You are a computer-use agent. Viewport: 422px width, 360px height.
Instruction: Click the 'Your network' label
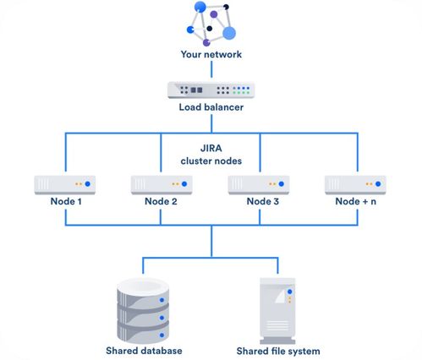211,54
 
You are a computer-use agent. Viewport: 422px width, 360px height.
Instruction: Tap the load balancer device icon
211,90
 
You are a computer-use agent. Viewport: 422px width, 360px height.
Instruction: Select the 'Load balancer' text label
211,107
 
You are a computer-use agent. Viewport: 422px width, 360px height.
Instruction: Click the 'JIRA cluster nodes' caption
211,155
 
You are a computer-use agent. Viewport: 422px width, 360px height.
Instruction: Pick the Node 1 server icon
65,185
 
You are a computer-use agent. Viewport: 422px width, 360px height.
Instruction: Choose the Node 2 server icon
162,185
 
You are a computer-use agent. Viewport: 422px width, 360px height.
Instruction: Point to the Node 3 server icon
259,185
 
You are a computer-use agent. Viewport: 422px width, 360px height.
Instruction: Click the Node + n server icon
355,185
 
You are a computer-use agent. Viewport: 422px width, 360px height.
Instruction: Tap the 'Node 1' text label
66,201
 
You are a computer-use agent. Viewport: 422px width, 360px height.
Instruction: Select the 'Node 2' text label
161,201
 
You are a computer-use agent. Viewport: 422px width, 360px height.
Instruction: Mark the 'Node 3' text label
263,201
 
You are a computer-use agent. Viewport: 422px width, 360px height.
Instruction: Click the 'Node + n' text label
356,201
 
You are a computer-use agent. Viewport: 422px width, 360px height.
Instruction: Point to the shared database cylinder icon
143,309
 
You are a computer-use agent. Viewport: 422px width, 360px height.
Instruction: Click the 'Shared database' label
144,351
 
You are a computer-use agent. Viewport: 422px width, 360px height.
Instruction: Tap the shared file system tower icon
277,311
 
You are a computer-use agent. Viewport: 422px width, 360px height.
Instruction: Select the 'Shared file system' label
278,352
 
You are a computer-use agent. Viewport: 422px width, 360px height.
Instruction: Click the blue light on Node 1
88,184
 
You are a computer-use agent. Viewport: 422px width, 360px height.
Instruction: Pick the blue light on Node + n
378,184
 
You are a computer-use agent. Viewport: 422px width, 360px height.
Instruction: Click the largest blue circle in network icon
229,33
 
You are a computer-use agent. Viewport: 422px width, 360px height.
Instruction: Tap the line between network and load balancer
211,69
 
